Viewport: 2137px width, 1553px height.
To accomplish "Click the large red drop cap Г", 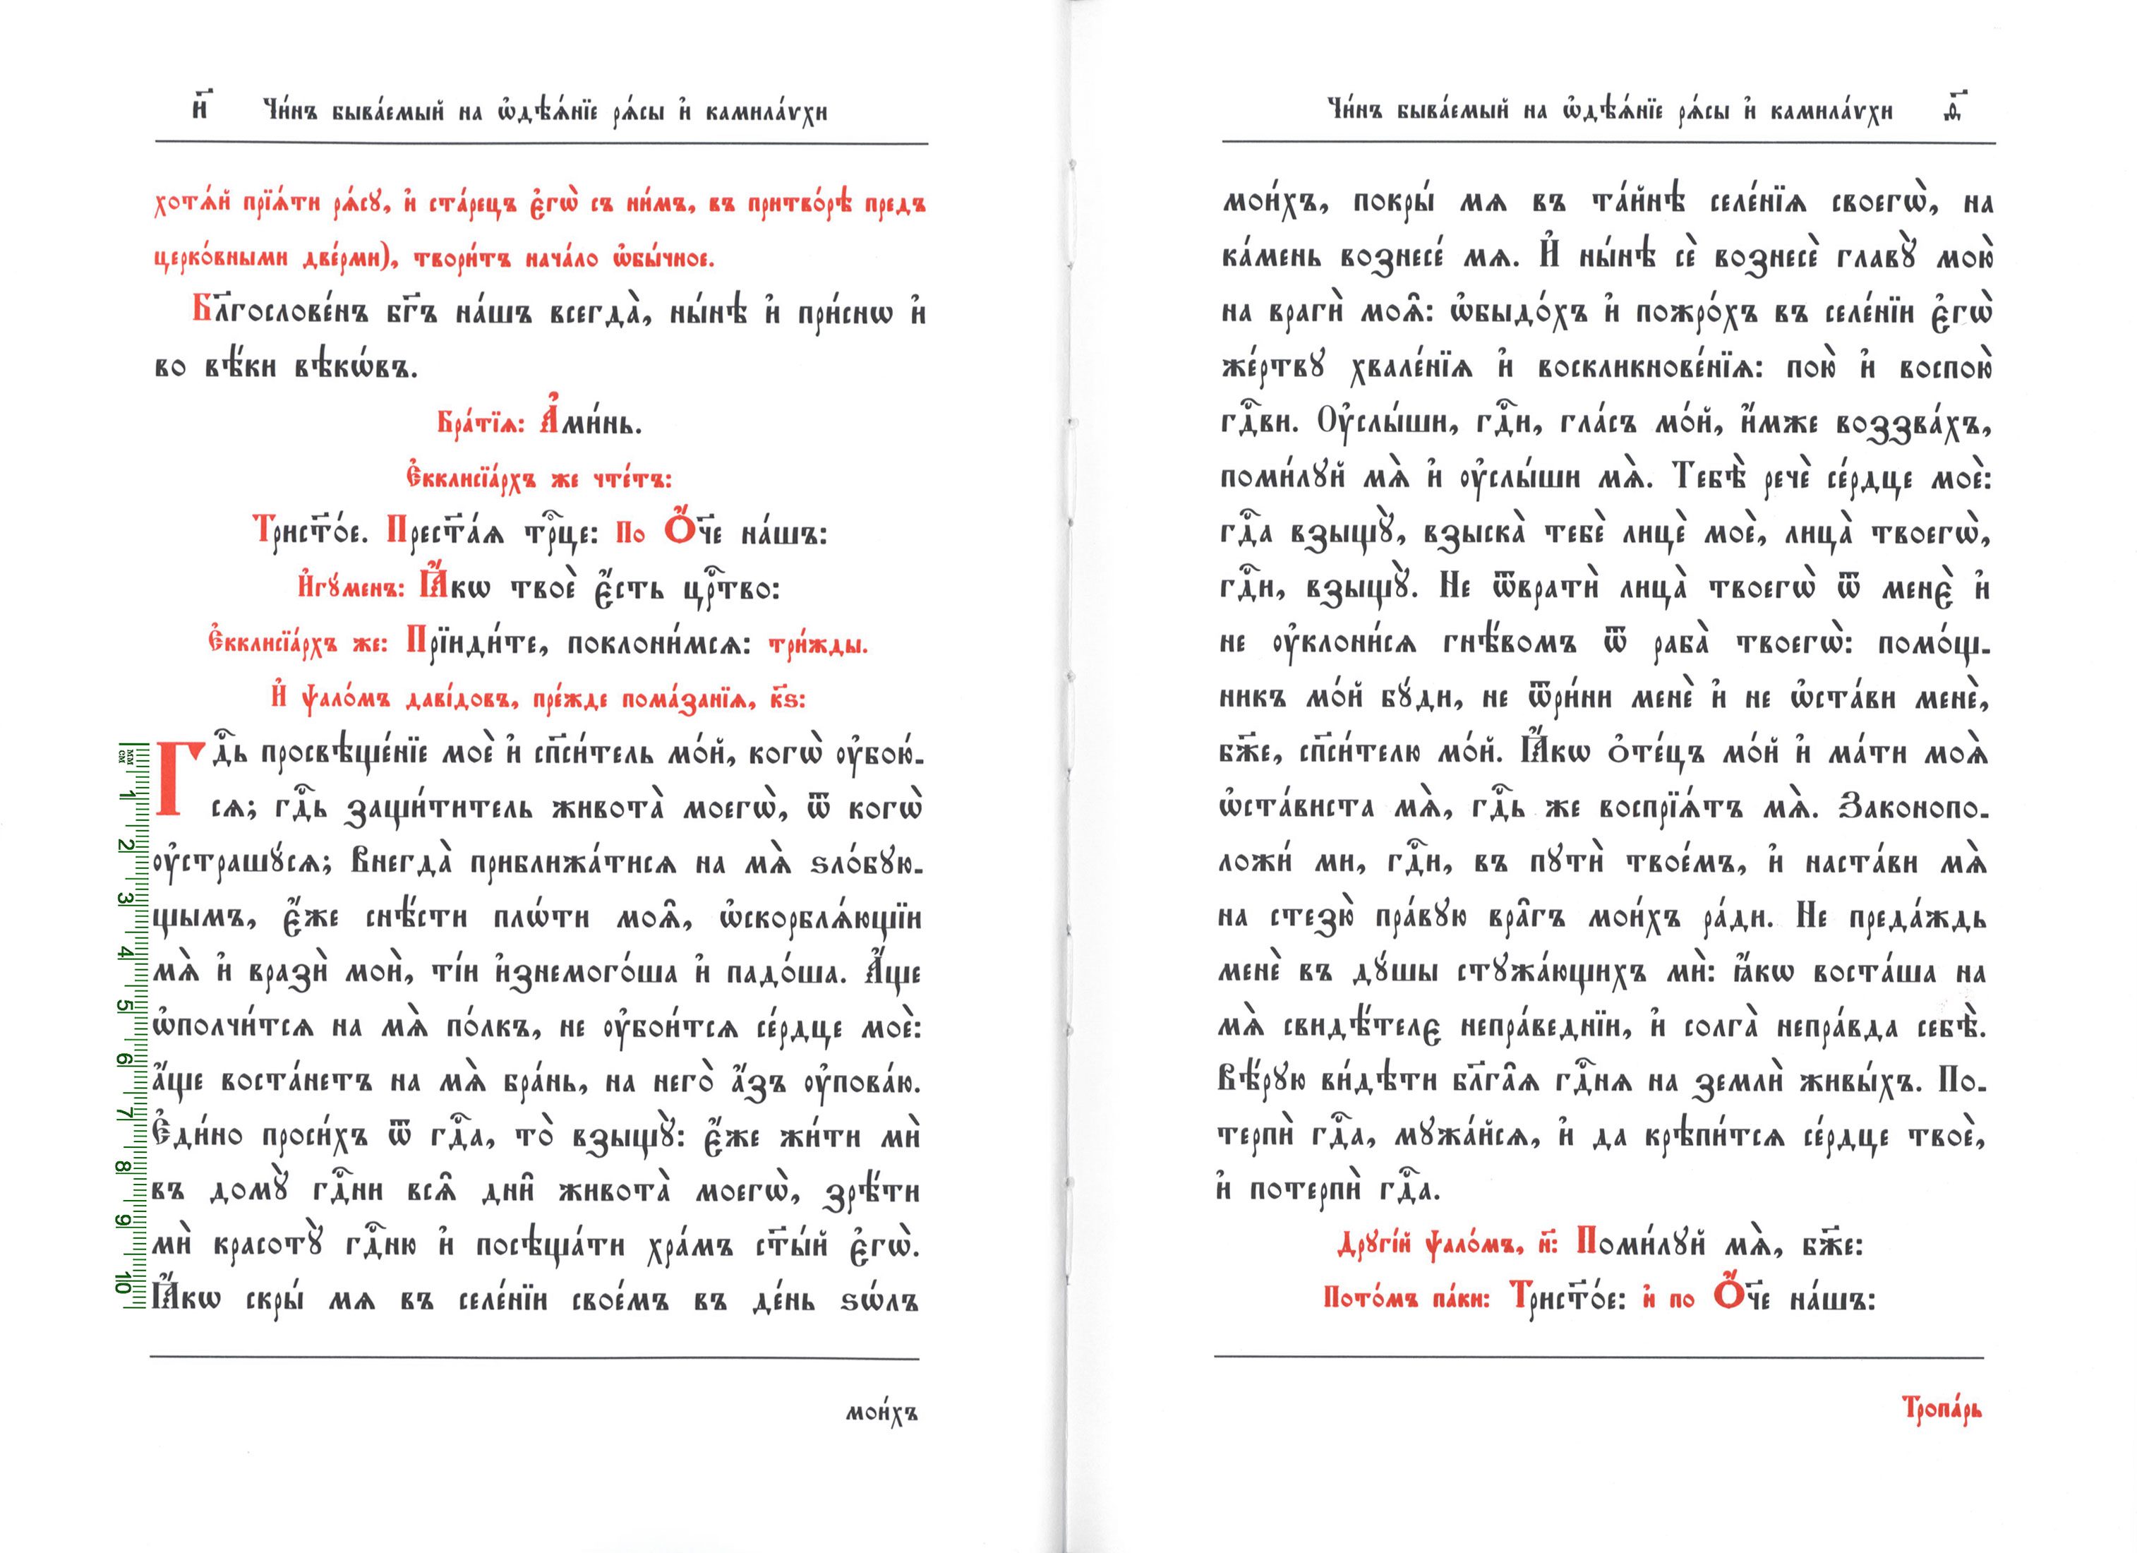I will pyautogui.click(x=180, y=779).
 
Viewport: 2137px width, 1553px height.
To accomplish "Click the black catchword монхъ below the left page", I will pyautogui.click(x=881, y=1413).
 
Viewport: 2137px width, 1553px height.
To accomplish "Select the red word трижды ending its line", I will pyautogui.click(x=818, y=644).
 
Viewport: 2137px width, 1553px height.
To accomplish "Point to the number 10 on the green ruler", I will pyautogui.click(x=124, y=1282).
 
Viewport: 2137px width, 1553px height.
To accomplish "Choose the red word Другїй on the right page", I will pyautogui.click(x=1374, y=1244).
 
